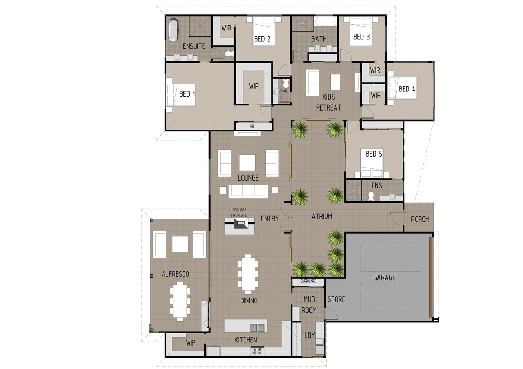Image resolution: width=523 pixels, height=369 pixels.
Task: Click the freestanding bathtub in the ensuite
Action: pos(173,30)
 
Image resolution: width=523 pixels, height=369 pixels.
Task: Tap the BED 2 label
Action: pos(262,39)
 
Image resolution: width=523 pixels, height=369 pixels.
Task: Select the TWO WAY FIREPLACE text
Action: pos(239,212)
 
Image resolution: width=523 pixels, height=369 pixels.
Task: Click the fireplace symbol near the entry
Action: pos(240,223)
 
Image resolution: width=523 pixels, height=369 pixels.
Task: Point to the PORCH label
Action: pos(420,219)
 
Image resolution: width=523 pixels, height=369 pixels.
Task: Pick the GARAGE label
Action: pos(384,277)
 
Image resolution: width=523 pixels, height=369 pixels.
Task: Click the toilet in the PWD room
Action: pos(286,83)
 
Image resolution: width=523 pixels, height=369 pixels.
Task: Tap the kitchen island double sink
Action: pos(257,328)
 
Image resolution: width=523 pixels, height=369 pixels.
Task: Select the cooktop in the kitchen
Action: pos(257,351)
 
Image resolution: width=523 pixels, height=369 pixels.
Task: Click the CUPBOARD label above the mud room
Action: pos(308,281)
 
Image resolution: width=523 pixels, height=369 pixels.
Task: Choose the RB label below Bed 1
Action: pos(252,126)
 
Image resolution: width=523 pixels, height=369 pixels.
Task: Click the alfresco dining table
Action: pos(180,301)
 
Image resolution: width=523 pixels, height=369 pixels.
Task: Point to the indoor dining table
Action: pos(248,274)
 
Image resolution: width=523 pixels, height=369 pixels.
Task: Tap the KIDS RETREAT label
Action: pos(329,102)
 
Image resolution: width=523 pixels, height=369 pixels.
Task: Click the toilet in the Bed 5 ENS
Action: pos(371,196)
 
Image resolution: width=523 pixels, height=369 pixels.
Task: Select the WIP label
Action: pos(190,342)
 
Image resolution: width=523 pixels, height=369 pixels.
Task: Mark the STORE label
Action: pos(336,299)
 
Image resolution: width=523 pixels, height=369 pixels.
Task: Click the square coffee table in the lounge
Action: pos(247,163)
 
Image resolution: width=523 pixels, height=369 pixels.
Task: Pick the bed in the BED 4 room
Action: pos(402,88)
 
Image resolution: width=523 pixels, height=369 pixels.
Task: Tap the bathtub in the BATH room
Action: pos(326,21)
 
